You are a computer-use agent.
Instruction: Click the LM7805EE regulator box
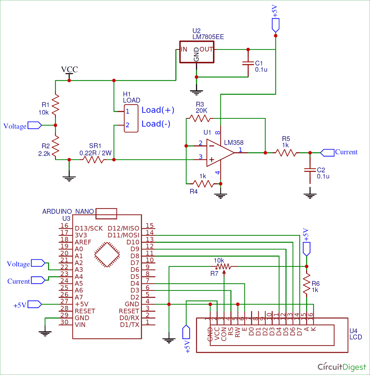[197, 52]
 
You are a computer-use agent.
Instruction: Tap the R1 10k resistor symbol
[55, 104]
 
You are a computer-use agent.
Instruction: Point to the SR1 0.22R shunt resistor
[94, 160]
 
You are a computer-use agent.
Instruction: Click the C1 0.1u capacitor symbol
[248, 63]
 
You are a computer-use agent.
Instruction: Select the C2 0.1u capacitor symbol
[310, 170]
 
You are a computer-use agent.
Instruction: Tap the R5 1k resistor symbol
[286, 153]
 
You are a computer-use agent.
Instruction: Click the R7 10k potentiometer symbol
[224, 267]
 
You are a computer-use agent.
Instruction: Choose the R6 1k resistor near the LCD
[307, 284]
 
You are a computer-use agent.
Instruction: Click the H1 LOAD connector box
[131, 118]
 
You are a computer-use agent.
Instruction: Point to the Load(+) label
[158, 110]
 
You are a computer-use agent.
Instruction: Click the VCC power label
[69, 69]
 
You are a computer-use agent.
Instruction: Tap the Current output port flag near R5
[328, 153]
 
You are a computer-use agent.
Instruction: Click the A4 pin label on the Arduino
[79, 276]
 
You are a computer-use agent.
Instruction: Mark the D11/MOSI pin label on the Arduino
[124, 235]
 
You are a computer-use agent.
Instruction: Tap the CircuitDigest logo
[342, 366]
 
